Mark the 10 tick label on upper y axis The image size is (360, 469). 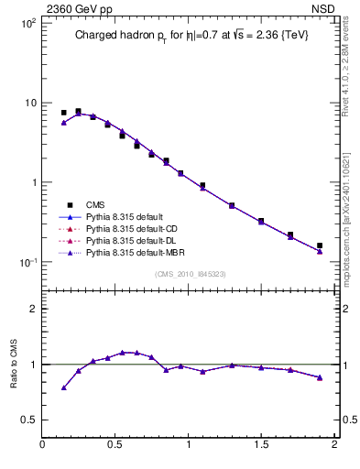click(x=30, y=103)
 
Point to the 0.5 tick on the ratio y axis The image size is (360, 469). click(x=27, y=420)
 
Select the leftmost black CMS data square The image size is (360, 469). click(x=63, y=113)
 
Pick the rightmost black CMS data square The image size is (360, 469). click(x=320, y=245)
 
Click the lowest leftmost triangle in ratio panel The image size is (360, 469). click(x=63, y=387)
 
